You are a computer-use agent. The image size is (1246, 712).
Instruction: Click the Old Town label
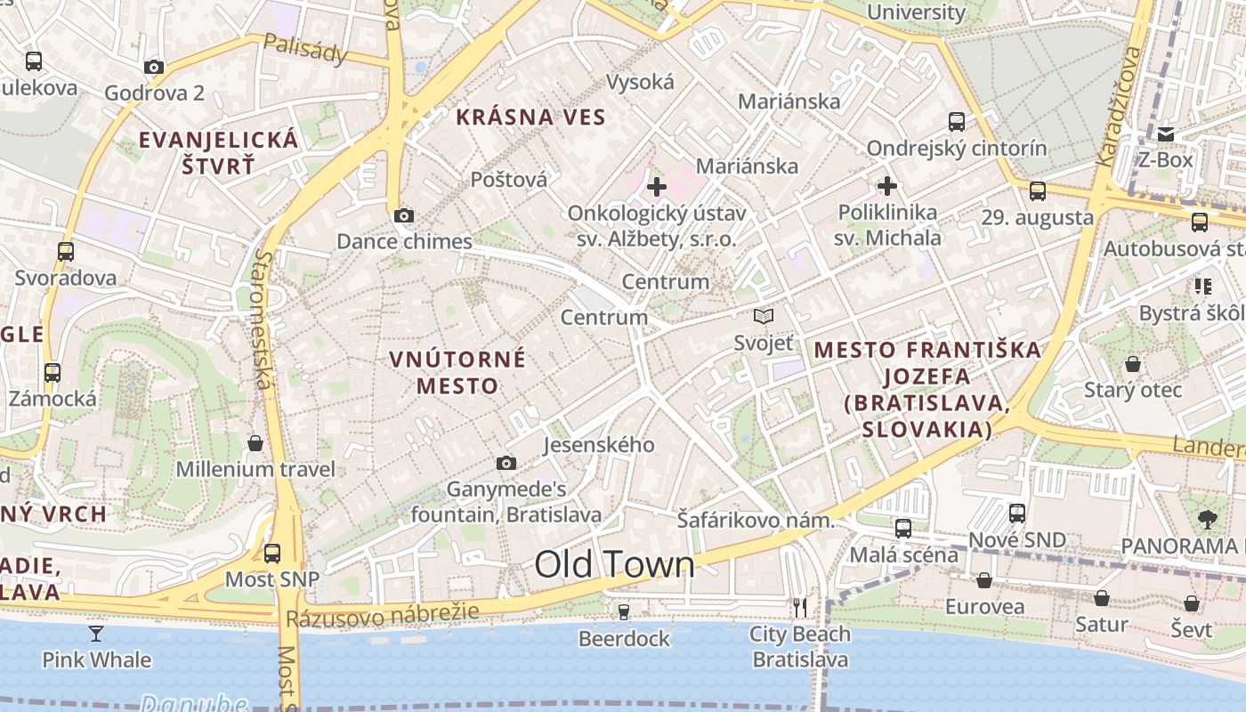614,564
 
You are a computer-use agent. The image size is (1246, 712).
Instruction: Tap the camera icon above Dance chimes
403,215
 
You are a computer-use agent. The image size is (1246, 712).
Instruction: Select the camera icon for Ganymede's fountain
506,463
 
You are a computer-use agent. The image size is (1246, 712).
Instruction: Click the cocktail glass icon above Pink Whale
96,633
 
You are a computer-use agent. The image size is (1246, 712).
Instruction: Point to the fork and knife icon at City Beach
799,608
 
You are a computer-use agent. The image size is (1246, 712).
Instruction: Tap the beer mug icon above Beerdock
623,611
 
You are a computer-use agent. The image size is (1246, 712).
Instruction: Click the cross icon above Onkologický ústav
656,187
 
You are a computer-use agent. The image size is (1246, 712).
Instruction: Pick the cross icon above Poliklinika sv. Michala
886,186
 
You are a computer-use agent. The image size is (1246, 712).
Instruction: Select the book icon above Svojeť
763,316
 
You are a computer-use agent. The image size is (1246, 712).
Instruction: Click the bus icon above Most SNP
272,553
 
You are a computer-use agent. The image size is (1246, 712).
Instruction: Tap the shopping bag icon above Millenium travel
255,442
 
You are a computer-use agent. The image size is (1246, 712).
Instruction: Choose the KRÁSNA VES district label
530,117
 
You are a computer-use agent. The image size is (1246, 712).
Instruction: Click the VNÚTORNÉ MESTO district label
457,372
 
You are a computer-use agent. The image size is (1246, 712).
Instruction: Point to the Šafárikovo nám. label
755,520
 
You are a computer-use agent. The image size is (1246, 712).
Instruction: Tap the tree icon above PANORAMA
1207,519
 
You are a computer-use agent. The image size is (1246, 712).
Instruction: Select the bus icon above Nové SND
1016,514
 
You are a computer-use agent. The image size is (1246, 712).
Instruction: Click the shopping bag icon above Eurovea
984,580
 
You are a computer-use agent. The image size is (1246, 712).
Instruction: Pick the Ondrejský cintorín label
957,148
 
